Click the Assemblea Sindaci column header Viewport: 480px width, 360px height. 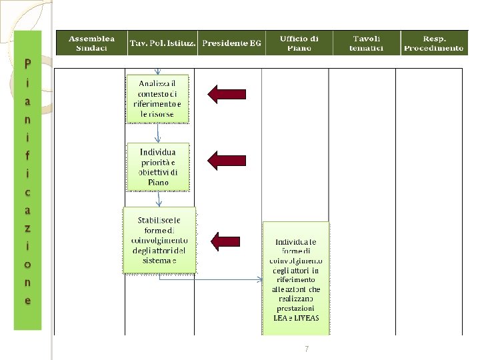click(91, 43)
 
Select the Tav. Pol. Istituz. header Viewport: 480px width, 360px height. click(162, 43)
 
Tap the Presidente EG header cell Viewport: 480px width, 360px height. click(231, 43)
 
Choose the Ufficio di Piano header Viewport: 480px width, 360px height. click(299, 43)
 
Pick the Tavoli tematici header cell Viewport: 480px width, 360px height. click(367, 43)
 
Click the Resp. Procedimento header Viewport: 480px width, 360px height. click(433, 43)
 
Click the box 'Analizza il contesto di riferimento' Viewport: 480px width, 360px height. click(158, 98)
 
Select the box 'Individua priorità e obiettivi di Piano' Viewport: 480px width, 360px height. click(158, 167)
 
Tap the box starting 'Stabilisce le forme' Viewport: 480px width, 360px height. click(159, 240)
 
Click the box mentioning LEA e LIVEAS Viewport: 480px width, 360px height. click(296, 279)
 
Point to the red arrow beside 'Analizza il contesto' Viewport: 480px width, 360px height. click(227, 94)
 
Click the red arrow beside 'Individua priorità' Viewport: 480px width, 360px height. click(227, 159)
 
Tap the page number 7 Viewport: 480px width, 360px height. click(306, 349)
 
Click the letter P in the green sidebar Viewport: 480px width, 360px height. click(27, 65)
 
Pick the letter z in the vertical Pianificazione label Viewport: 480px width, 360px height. click(27, 227)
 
